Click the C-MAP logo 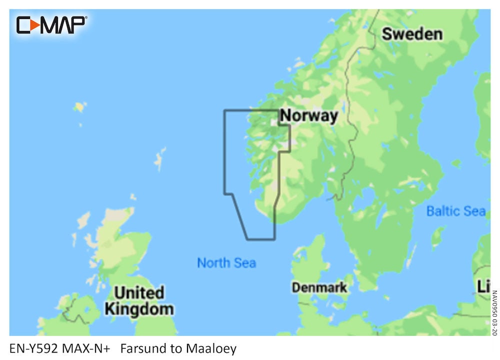[51, 25]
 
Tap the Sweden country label [412, 34]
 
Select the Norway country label [309, 116]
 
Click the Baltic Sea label [455, 211]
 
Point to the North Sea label [226, 262]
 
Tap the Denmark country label [319, 287]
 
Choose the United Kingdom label [139, 300]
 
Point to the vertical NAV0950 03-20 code [494, 313]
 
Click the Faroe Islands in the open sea [79, 107]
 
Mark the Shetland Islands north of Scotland [160, 158]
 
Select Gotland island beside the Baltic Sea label [438, 235]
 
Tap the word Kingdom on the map [139, 309]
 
